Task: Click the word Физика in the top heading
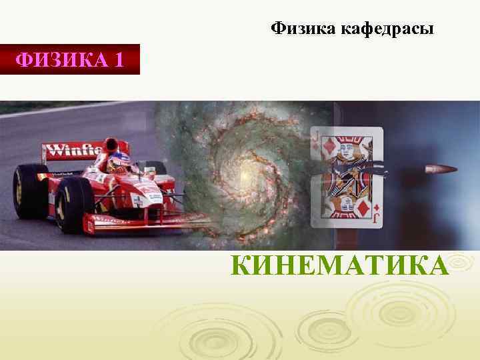[303, 29]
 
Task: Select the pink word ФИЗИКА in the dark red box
[62, 61]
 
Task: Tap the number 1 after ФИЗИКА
[119, 61]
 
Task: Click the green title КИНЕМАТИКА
[339, 264]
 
